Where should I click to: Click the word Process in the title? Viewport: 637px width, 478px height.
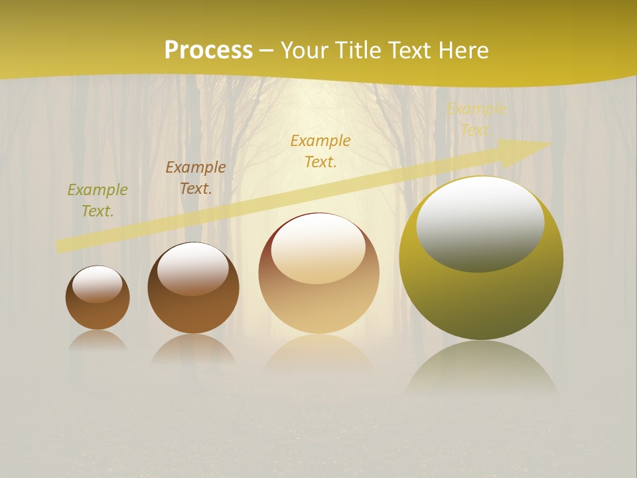coord(208,50)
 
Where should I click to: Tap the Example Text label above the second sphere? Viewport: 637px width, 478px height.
coord(196,178)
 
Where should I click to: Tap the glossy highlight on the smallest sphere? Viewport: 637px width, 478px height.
coord(98,284)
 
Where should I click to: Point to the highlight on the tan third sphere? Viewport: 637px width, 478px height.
coord(318,248)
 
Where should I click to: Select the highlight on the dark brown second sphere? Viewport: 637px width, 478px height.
coord(192,268)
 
